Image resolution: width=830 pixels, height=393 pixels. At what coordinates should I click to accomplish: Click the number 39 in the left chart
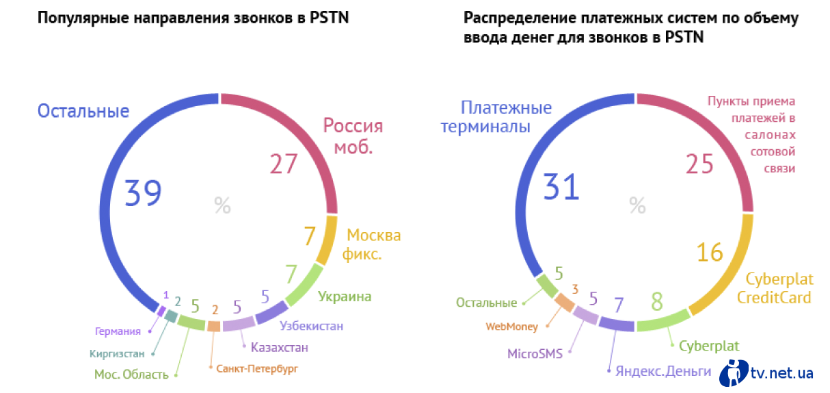(x=143, y=193)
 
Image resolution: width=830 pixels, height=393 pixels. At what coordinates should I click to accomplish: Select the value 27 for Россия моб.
(x=284, y=164)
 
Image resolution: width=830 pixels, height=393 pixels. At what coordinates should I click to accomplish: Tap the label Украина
(x=345, y=296)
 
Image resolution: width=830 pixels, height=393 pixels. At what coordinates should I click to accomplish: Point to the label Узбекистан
(x=311, y=326)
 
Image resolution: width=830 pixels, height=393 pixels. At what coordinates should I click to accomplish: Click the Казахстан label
(x=280, y=347)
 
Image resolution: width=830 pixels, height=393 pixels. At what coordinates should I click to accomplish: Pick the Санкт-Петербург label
(x=257, y=369)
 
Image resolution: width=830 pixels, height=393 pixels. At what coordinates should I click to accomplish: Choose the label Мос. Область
(x=131, y=375)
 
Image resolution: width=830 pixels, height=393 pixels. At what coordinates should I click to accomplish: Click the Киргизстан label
(x=117, y=354)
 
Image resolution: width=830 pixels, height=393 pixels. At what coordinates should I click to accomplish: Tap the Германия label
(x=118, y=331)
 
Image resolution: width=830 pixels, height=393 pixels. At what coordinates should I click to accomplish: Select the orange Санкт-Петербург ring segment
(x=214, y=326)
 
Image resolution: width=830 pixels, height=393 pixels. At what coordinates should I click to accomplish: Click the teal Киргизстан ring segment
(x=171, y=316)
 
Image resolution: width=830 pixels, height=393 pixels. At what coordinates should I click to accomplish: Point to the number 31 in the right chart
(x=561, y=187)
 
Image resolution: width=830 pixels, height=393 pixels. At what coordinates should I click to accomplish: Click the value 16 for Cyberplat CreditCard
(x=710, y=253)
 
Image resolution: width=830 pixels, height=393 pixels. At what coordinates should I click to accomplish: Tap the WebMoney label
(x=511, y=327)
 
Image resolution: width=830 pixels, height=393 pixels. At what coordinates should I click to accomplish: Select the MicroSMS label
(x=535, y=354)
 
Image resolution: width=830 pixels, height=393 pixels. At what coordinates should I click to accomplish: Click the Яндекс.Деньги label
(x=663, y=371)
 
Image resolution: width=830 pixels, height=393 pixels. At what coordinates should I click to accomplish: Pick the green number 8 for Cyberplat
(x=657, y=301)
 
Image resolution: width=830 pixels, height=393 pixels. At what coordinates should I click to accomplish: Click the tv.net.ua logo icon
(x=734, y=373)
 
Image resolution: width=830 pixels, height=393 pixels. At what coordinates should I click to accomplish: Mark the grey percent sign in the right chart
(x=637, y=205)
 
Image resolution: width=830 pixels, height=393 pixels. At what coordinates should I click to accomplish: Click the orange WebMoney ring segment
(x=565, y=303)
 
